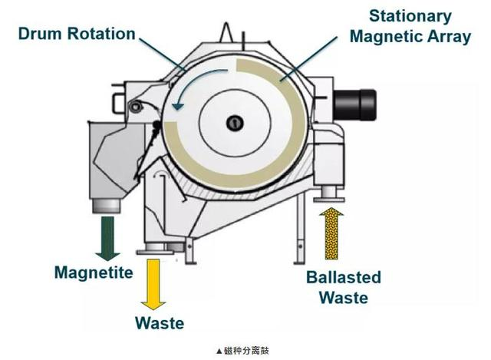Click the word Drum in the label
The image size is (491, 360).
40,34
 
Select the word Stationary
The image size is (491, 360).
410,16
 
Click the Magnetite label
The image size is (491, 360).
94,272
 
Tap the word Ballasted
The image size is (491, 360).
344,277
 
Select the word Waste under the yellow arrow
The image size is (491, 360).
160,323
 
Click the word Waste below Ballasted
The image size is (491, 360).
344,298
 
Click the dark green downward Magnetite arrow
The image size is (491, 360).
107,238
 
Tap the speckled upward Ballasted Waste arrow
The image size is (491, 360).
331,233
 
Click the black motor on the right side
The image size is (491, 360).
354,104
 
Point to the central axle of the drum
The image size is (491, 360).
235,123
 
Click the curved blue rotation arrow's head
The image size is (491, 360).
178,106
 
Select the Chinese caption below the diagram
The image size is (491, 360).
242,351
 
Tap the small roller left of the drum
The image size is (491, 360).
136,107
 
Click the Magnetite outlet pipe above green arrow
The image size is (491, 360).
107,206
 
